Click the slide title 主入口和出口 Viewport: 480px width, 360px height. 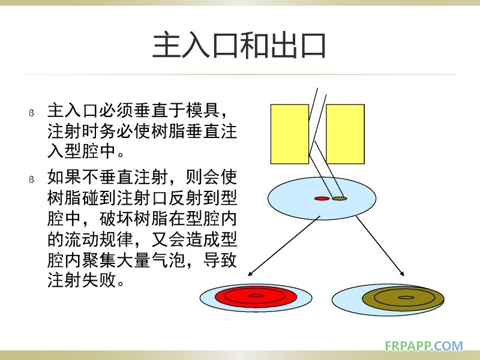239,46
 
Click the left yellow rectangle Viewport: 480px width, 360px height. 290,134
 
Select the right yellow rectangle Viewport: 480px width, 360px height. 345,134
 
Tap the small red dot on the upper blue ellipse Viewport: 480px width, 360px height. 322,199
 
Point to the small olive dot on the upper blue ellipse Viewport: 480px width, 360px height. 340,199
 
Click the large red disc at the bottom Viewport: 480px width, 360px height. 256,296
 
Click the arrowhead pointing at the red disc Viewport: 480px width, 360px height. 250,274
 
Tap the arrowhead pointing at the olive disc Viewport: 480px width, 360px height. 402,274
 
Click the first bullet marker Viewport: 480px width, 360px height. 31,113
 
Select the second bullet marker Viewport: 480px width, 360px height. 31,179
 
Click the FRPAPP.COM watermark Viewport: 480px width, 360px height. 424,346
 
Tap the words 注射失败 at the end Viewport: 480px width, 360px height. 82,280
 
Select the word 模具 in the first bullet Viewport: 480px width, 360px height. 203,110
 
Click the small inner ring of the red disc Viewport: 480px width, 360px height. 256,296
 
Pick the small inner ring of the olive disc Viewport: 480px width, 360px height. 406,298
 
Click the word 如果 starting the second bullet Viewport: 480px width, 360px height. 64,177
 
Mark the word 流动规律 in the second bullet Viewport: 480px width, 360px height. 98,239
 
